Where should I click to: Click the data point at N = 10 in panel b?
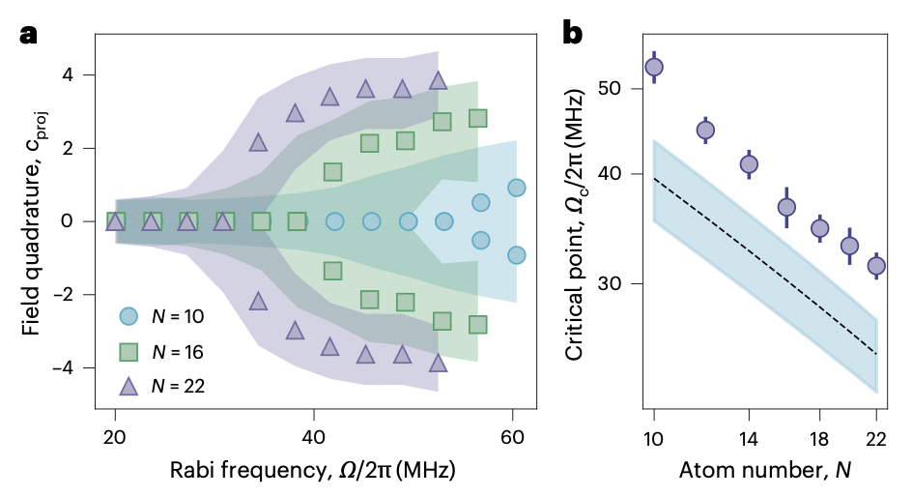654,67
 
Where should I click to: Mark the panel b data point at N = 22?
876,265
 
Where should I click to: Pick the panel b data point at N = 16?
786,207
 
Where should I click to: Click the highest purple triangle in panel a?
438,81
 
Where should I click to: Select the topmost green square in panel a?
477,118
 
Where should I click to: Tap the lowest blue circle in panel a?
517,255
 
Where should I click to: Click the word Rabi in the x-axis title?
191,471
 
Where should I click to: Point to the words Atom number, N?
763,471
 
